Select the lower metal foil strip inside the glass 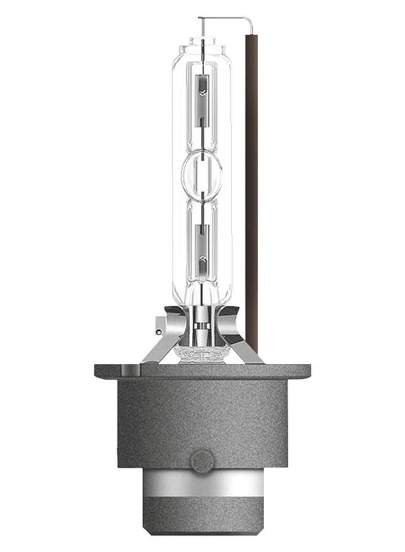[202, 248]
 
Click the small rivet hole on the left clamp [159, 332]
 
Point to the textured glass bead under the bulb [202, 352]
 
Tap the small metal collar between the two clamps [202, 324]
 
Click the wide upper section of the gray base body [202, 415]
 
